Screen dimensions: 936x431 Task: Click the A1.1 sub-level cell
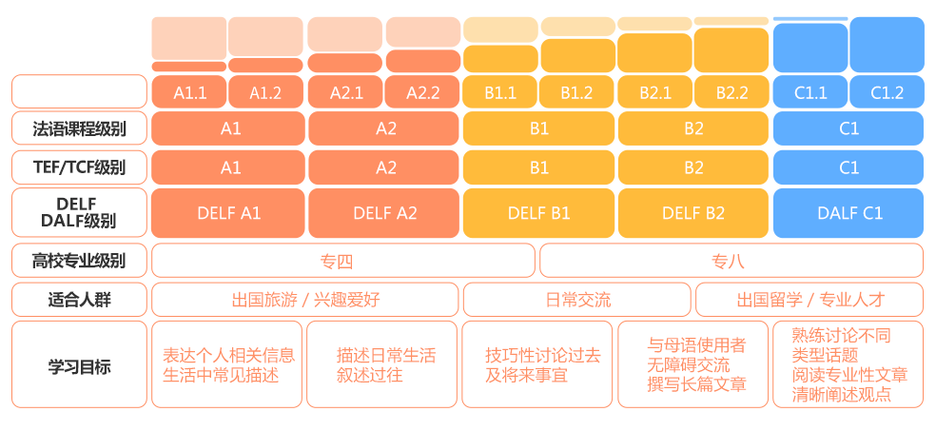point(189,92)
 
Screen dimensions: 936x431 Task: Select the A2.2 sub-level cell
point(422,92)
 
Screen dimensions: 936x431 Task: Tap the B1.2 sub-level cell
point(576,92)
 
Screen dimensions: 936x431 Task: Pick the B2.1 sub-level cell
point(655,92)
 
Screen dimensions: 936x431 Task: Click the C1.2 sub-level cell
point(887,92)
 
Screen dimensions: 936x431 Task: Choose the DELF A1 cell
point(229,213)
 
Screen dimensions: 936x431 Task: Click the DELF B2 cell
point(693,213)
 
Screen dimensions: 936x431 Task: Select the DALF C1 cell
point(848,213)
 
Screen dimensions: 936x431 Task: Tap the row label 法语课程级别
point(79,128)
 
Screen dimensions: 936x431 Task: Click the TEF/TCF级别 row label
point(79,167)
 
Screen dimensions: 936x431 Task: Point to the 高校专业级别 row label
point(79,261)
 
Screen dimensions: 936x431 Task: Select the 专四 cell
point(343,261)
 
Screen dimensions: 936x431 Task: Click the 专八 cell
point(731,261)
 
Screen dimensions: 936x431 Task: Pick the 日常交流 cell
point(577,299)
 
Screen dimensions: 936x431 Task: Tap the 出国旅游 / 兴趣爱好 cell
point(305,299)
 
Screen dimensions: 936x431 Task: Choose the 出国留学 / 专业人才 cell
point(809,299)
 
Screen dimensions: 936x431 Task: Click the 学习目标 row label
point(79,364)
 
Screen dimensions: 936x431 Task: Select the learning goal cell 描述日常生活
point(383,364)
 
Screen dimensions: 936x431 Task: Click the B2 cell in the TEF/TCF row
point(693,167)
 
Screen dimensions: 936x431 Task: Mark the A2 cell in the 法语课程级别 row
point(385,128)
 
